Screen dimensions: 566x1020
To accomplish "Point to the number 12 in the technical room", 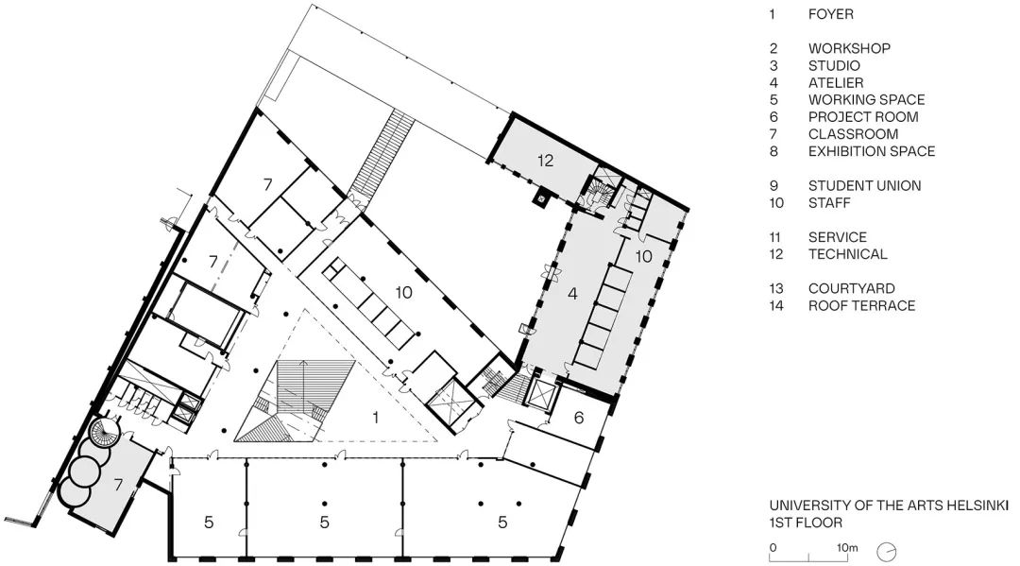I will click(x=545, y=161).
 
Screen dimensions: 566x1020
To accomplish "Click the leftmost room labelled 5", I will click(x=210, y=521).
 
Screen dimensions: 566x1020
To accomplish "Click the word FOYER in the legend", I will click(x=829, y=14).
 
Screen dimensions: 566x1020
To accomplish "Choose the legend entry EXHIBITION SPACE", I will click(x=871, y=151).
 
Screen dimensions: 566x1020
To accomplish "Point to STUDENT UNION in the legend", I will click(x=864, y=186).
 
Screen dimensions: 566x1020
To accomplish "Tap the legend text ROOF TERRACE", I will click(x=861, y=305).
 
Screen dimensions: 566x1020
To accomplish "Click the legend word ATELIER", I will click(x=835, y=83).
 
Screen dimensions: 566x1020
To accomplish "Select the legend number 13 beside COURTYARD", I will click(x=776, y=288).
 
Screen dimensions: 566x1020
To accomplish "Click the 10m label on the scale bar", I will click(x=846, y=547).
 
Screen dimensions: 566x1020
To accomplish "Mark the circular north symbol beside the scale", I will click(x=887, y=550).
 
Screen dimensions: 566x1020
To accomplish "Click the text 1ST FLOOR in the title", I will click(x=805, y=522).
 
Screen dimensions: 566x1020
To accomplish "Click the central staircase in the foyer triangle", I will click(x=293, y=402).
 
